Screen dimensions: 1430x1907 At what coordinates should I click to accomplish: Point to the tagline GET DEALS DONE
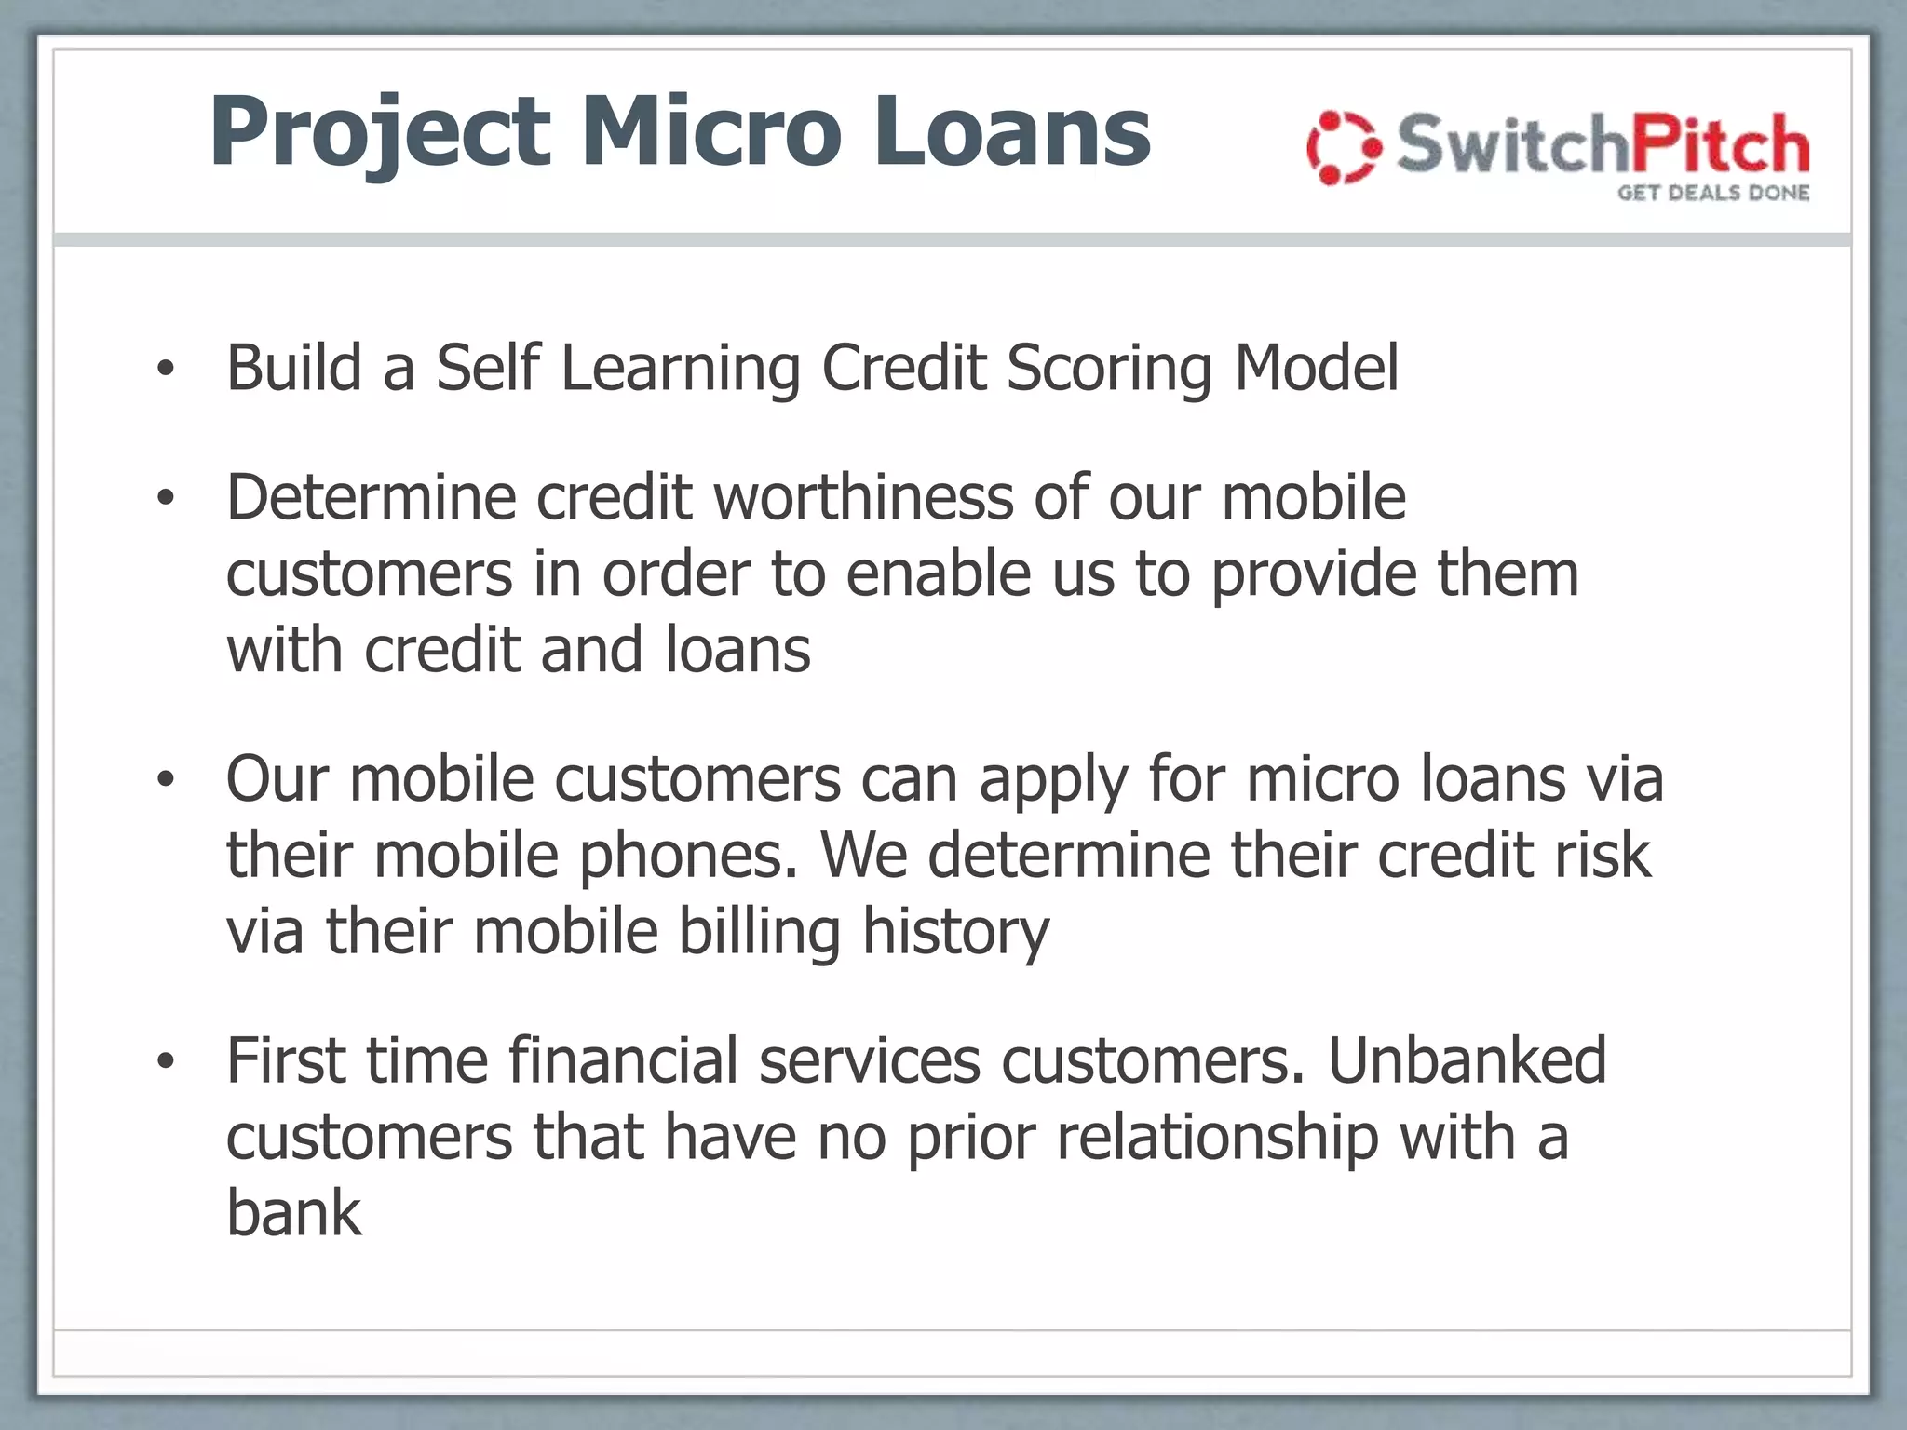pos(1712,193)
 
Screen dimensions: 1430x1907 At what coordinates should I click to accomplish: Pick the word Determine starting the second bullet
pos(371,497)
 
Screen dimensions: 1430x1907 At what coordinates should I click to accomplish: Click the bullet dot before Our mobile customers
pos(166,780)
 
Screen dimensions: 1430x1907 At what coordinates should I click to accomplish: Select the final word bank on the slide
pos(293,1213)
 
